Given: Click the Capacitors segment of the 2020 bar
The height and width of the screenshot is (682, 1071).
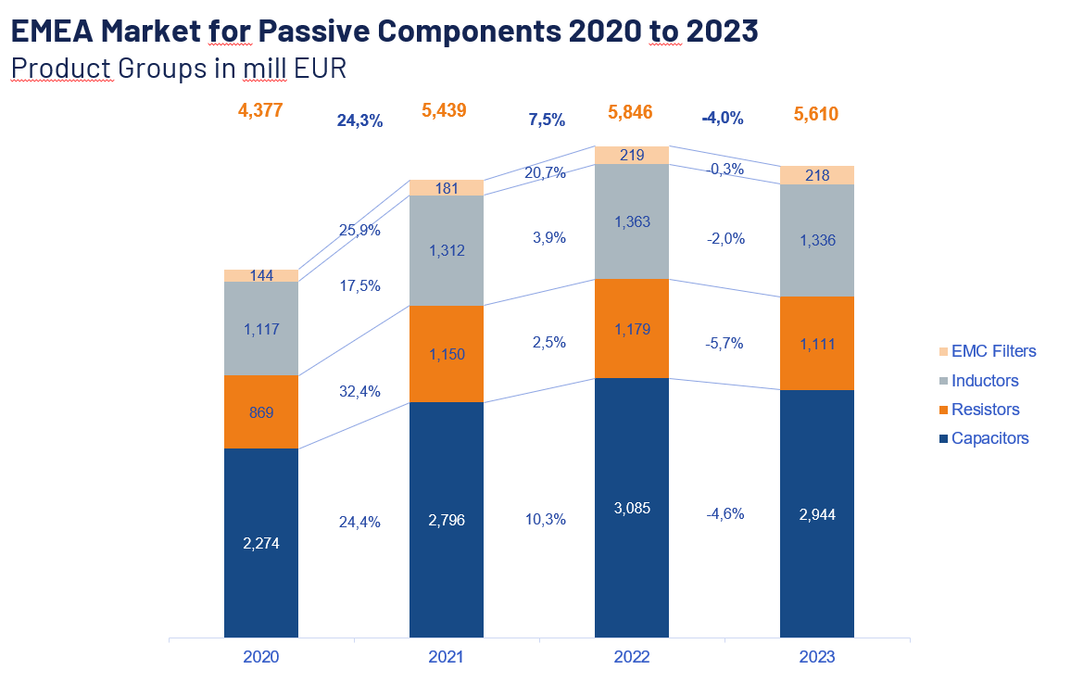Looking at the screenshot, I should pos(260,543).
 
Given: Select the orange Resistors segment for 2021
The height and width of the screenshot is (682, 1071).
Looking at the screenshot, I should pos(446,353).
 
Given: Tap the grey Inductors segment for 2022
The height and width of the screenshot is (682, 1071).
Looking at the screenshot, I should pos(631,221).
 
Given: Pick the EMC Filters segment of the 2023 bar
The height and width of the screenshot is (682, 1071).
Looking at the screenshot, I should pos(816,175).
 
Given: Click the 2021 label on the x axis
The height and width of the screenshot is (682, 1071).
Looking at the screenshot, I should pos(446,657).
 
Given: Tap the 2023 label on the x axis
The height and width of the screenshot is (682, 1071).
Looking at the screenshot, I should pos(816,657).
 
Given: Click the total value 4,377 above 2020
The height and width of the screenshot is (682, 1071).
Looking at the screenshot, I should pos(260,111).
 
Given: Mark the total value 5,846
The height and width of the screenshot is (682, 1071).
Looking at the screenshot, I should pos(631,113).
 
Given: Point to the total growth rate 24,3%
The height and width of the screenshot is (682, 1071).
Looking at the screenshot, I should pos(360,120).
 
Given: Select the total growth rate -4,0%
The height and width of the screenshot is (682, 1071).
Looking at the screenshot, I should pos(723,119).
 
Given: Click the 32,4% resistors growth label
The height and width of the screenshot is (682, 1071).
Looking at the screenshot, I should pos(360,391).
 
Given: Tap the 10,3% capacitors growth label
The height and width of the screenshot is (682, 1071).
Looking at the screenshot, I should pos(546,519).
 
